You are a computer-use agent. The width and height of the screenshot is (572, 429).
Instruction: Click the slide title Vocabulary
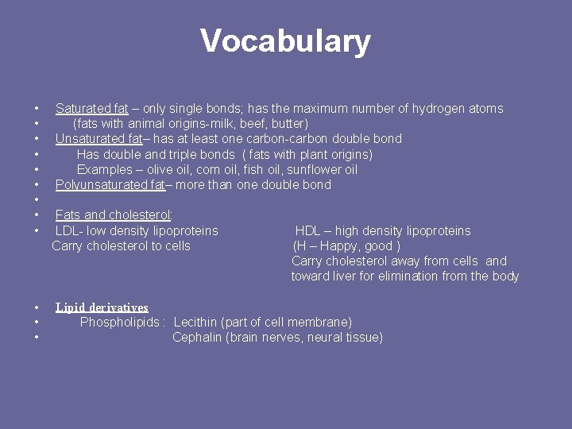click(x=285, y=41)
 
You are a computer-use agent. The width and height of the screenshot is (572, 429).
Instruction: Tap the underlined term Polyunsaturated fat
click(x=110, y=185)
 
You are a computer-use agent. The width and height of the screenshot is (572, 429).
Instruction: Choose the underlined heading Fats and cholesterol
click(x=114, y=215)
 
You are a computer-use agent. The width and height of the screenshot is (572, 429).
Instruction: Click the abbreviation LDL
click(x=68, y=231)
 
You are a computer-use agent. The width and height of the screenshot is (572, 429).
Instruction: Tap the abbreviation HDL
click(x=308, y=231)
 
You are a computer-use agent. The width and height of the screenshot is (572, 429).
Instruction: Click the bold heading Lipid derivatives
click(x=102, y=307)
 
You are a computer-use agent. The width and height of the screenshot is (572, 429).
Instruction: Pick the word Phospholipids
click(x=119, y=323)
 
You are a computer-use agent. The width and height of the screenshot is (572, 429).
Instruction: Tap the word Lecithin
click(x=195, y=323)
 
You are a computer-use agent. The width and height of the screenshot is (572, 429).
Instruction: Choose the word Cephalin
click(x=197, y=338)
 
